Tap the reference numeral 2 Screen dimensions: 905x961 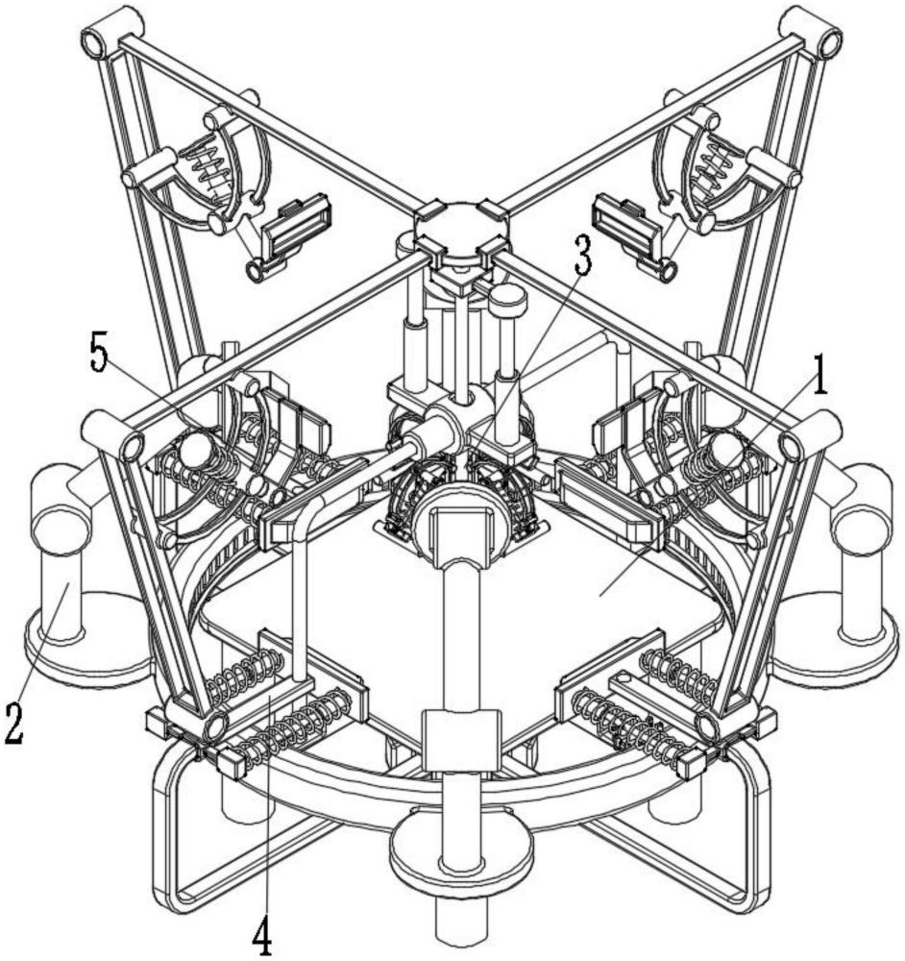pos(14,724)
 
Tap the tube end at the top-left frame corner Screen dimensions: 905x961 pos(92,45)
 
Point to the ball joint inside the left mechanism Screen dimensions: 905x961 pos(195,454)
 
